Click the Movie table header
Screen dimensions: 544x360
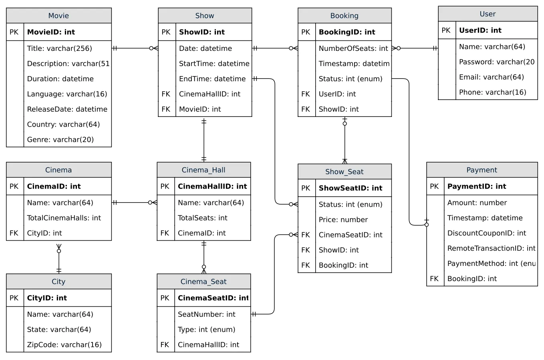pyautogui.click(x=58, y=16)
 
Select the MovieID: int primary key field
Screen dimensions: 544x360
pyautogui.click(x=51, y=32)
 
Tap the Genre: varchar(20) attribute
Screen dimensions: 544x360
pyautogui.click(x=60, y=140)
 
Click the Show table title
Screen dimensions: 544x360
pyautogui.click(x=205, y=16)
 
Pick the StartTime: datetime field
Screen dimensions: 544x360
pyautogui.click(x=214, y=64)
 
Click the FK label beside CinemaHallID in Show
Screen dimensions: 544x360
pyautogui.click(x=166, y=94)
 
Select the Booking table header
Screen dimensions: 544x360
pyautogui.click(x=345, y=16)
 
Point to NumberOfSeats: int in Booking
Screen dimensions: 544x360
pyautogui.click(x=353, y=48)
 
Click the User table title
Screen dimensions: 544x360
pyautogui.click(x=488, y=14)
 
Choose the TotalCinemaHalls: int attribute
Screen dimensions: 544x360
pyautogui.click(x=64, y=218)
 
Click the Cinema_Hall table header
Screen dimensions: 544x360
pyautogui.click(x=203, y=170)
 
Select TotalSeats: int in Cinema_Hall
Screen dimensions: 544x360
pyautogui.click(x=202, y=218)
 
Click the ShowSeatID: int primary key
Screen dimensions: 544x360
pyautogui.click(x=351, y=188)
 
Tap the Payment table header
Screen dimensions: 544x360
pyautogui.click(x=482, y=170)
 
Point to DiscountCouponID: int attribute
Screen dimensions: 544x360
pyautogui.click(x=486, y=233)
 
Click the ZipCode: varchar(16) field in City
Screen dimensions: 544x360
pyautogui.click(x=64, y=345)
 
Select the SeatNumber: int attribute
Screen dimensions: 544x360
pyautogui.click(x=206, y=314)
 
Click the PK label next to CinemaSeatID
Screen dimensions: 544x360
pyautogui.click(x=165, y=298)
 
